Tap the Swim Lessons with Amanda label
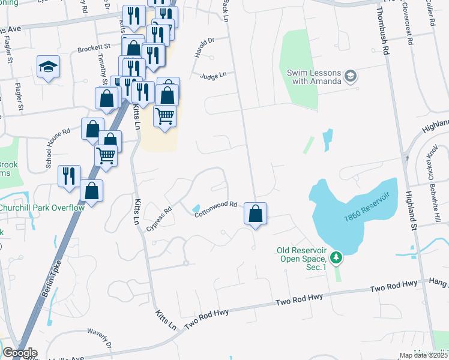click(314, 77)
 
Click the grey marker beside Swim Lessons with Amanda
click(351, 77)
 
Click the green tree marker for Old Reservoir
click(337, 258)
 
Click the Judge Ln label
click(213, 76)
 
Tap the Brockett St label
click(94, 46)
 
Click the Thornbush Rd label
click(382, 29)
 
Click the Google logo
click(19, 353)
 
